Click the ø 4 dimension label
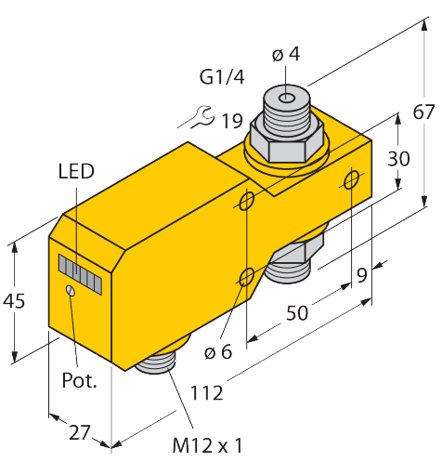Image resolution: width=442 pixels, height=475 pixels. [286, 54]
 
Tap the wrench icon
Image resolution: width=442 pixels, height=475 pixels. [192, 117]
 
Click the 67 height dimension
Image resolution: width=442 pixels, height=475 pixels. [422, 112]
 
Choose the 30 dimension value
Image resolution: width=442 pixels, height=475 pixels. [399, 159]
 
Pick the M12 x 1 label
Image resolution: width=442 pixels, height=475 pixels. [209, 445]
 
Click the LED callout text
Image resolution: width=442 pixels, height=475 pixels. [75, 171]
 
